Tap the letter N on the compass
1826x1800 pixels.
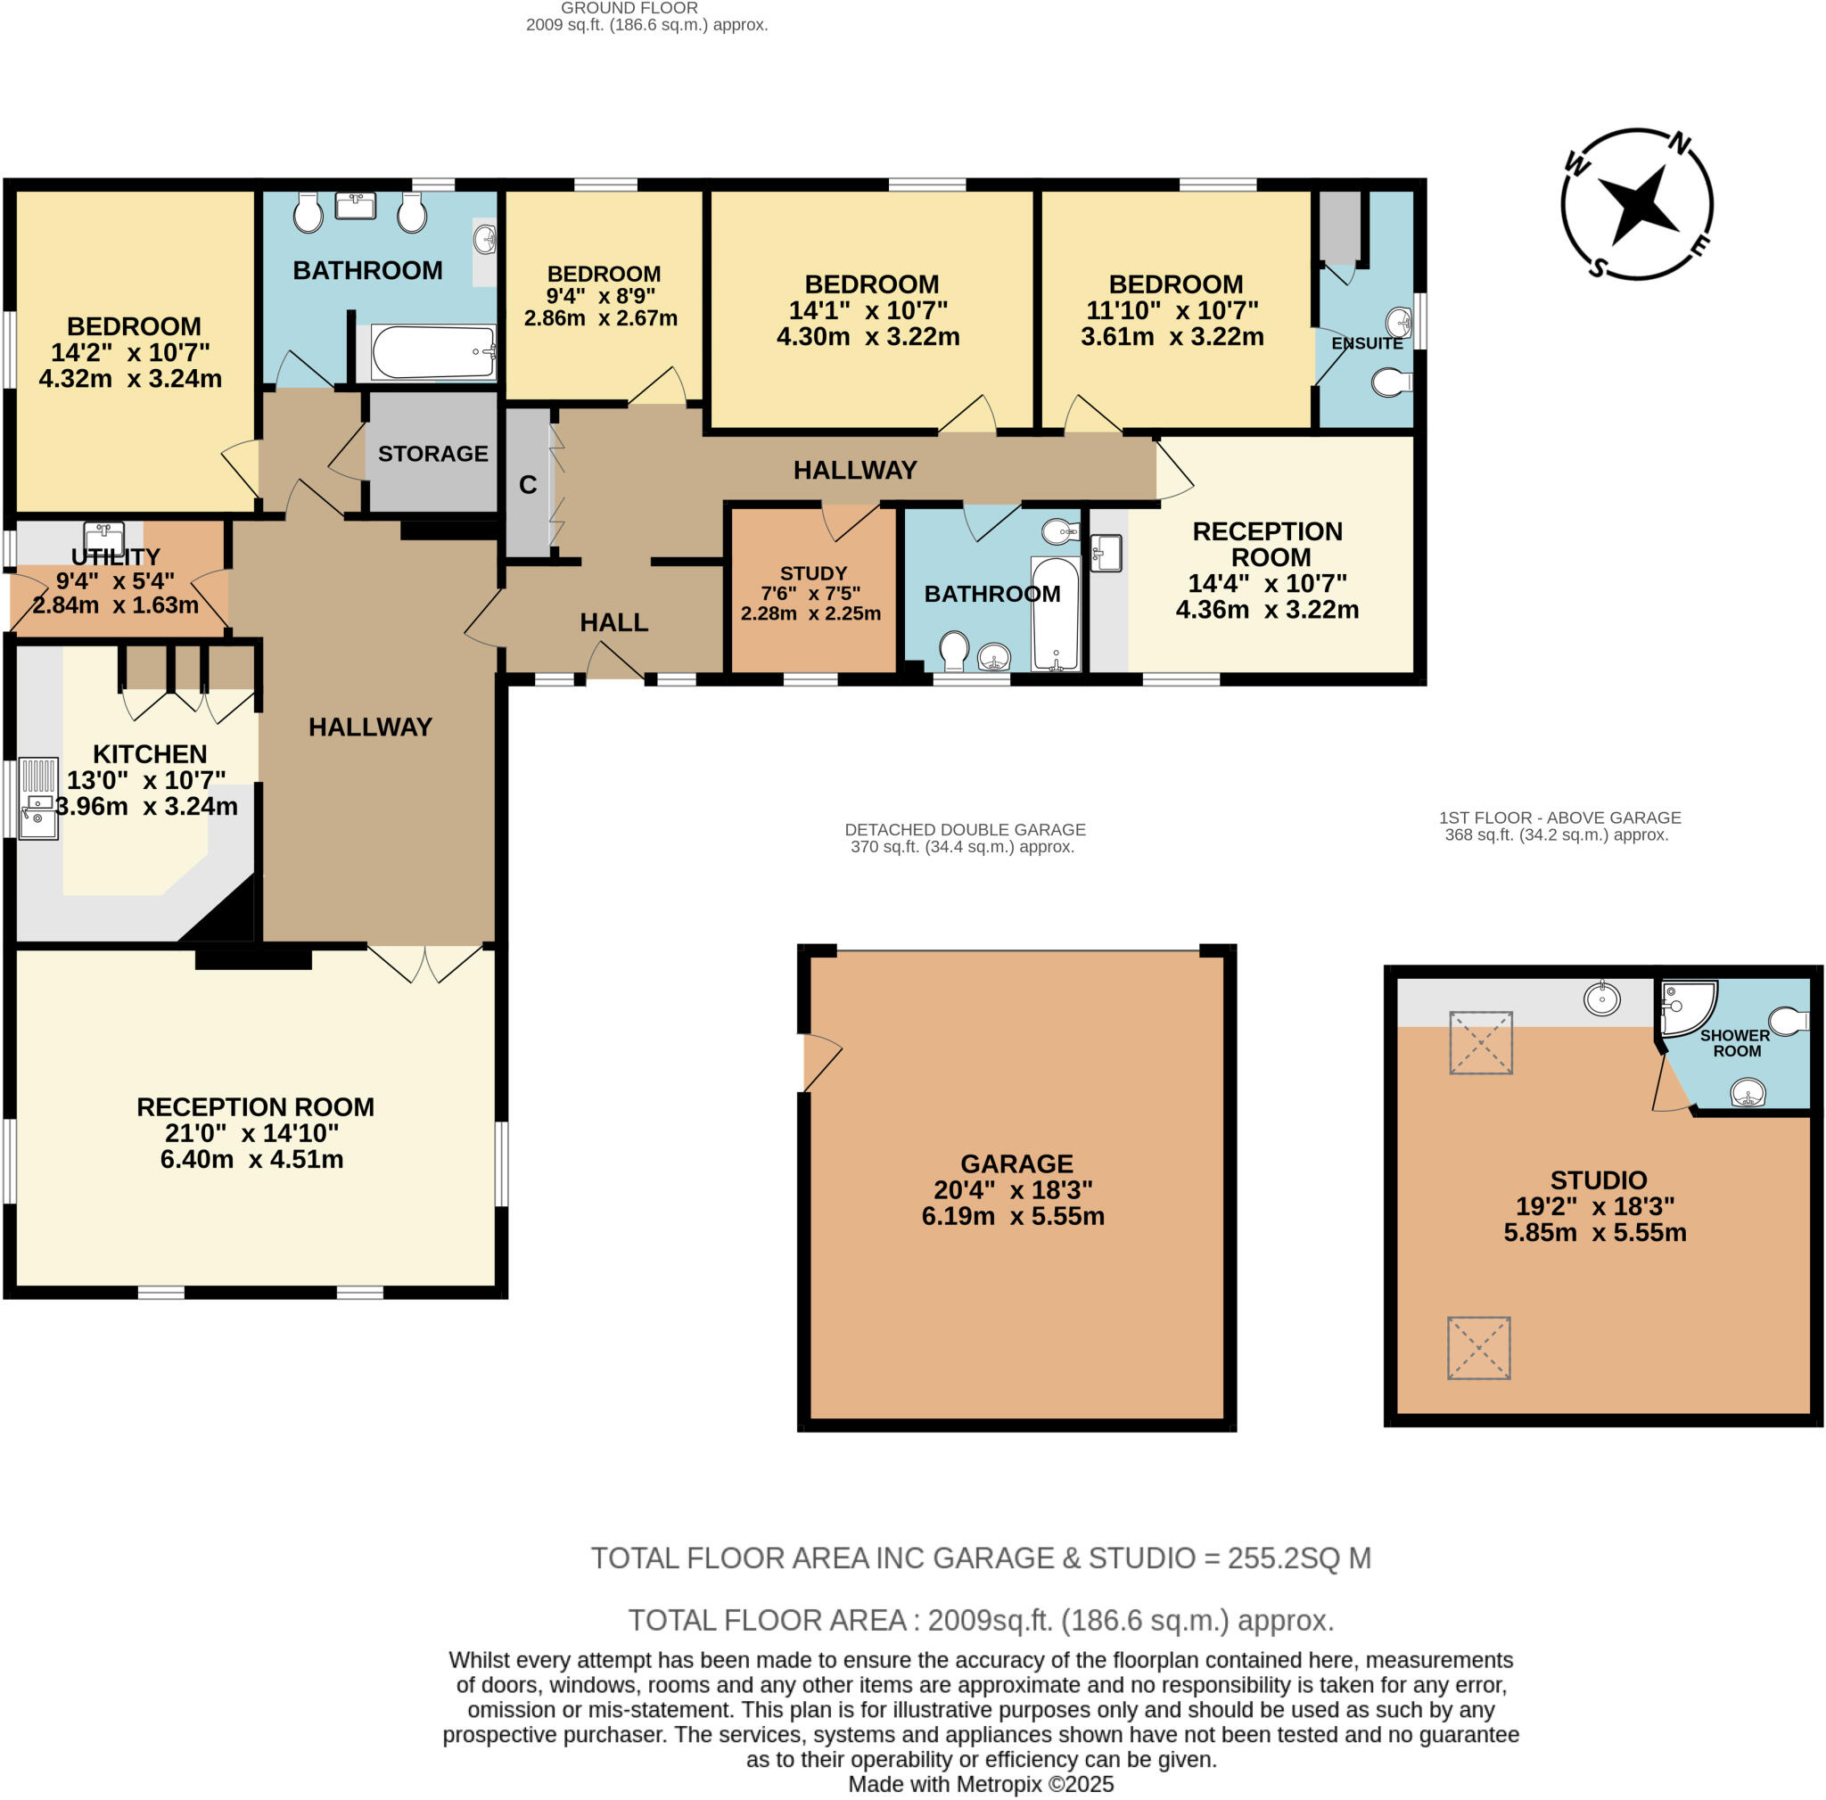tap(1680, 144)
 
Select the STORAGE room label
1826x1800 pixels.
tap(432, 454)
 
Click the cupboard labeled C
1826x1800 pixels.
tap(528, 485)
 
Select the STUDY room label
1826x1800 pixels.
tap(813, 573)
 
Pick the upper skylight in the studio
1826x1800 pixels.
tap(1481, 1042)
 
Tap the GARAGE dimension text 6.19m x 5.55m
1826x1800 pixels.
tap(1012, 1216)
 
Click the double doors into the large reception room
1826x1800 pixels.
tap(424, 963)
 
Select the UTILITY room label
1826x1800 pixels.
tap(115, 556)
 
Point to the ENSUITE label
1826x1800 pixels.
tap(1367, 343)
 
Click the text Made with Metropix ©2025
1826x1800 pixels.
tap(980, 1783)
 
